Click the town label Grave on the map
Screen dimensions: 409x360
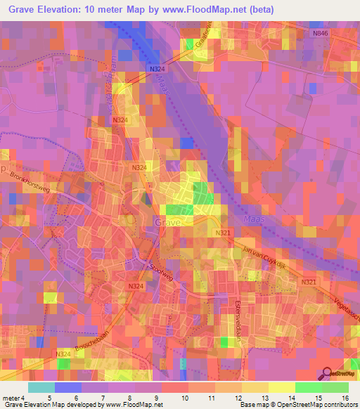click(167, 222)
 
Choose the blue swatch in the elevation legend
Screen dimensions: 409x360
click(68, 387)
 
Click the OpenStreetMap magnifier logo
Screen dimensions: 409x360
click(327, 375)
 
